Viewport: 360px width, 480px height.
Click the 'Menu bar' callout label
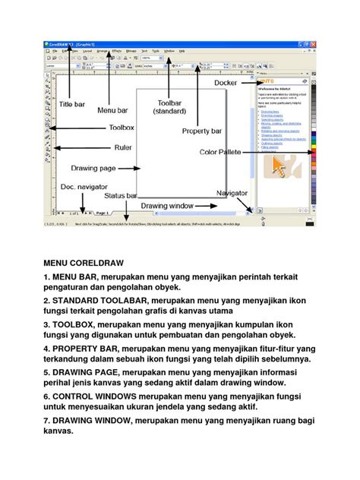[x=112, y=110]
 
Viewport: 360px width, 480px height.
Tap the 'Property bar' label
[x=201, y=131]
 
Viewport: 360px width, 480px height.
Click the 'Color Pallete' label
[x=220, y=152]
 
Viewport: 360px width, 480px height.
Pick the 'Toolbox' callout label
[x=121, y=128]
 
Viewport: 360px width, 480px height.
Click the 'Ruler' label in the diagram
[x=124, y=147]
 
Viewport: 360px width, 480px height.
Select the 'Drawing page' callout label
[x=93, y=168]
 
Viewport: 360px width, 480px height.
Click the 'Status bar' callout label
[x=120, y=196]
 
